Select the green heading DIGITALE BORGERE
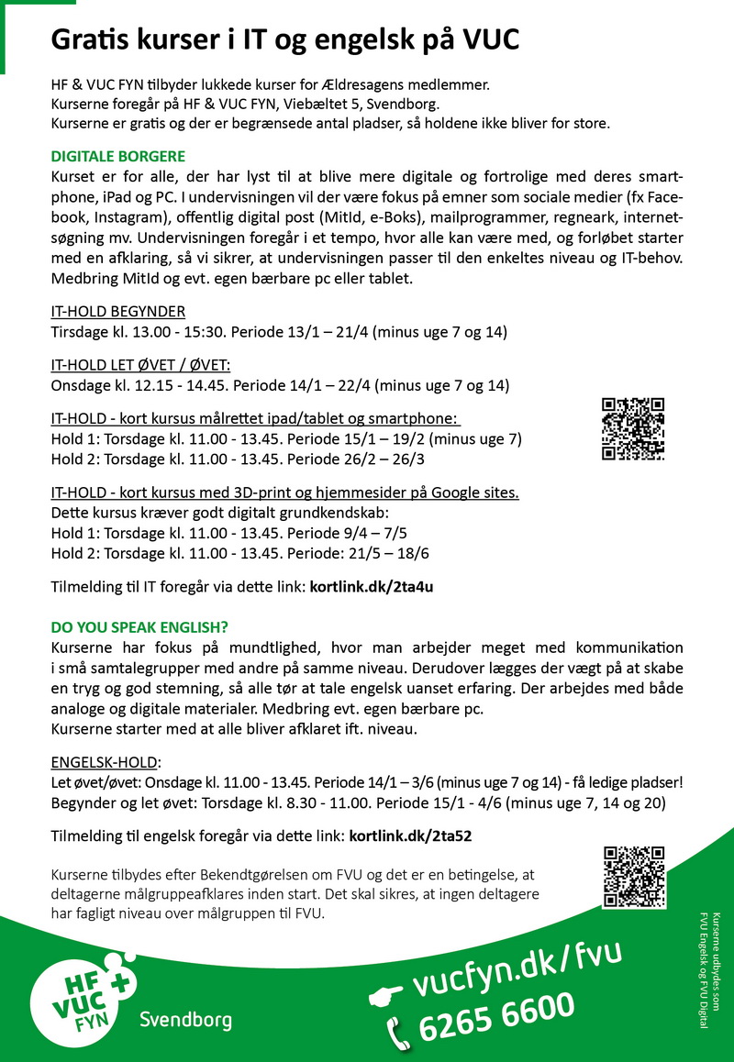[117, 156]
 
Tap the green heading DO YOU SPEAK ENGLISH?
[139, 627]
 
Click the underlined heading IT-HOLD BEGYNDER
[117, 310]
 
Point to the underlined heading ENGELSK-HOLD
[106, 762]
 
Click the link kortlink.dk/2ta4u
[371, 587]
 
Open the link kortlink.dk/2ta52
[411, 835]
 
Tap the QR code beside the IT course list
[632, 428]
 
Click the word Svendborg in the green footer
[185, 1020]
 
